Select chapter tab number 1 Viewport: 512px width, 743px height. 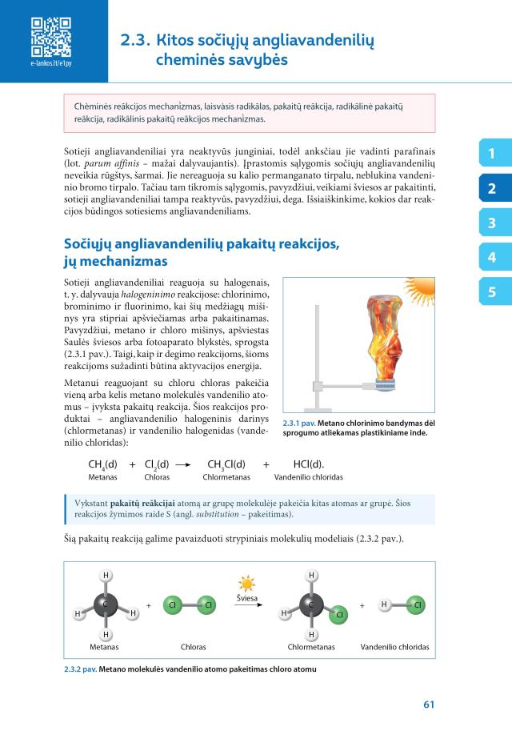point(492,153)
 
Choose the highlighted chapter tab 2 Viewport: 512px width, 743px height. point(492,189)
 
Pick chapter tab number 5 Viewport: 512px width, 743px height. point(492,292)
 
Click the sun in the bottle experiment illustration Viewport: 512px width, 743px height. point(419,286)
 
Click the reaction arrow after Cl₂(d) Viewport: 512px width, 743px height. point(184,464)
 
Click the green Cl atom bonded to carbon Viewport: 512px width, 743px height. point(338,615)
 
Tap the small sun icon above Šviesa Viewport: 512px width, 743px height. point(246,584)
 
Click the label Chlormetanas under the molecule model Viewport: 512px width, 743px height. point(310,646)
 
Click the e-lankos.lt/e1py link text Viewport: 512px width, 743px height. point(50,62)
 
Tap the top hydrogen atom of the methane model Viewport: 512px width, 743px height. point(106,575)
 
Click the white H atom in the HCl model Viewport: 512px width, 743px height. point(384,604)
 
